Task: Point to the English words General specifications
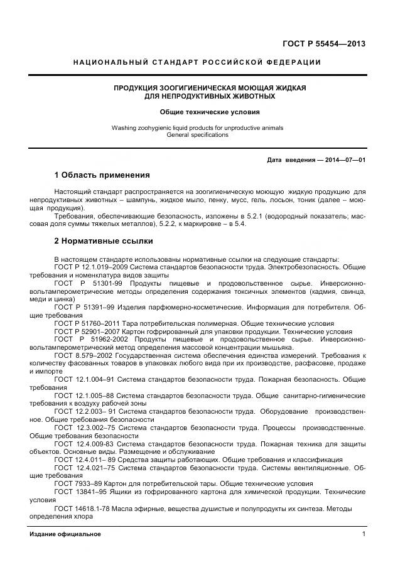pos(197,134)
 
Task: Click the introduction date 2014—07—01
pos(345,159)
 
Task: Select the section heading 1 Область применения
pos(102,175)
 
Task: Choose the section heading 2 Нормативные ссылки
pos(104,240)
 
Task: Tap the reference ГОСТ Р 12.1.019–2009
pos(93,267)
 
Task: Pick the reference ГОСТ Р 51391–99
pos(86,308)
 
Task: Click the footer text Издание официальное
pos(65,534)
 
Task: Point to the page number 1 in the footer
pos(364,534)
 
